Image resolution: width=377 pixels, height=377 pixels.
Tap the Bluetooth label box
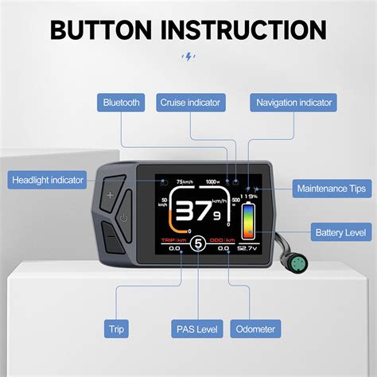coord(121,103)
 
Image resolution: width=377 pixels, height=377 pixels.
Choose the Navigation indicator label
coord(293,103)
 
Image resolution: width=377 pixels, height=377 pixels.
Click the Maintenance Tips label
coord(331,188)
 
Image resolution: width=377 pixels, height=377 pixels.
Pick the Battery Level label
coord(340,232)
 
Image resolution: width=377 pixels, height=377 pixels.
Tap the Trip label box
coord(116,327)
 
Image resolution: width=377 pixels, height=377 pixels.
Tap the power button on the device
coord(123,216)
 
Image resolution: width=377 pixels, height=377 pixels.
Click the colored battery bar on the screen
coord(249,221)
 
